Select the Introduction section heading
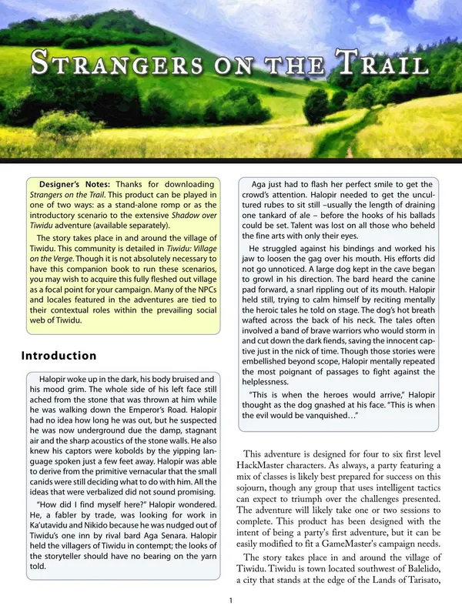click(59, 356)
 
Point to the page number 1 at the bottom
click(231, 601)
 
